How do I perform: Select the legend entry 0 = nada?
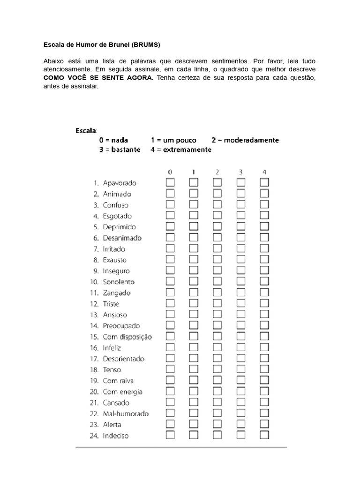(x=113, y=140)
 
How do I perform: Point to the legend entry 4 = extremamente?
(x=181, y=150)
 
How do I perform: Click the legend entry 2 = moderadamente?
(x=245, y=140)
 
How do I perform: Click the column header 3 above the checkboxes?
(x=240, y=172)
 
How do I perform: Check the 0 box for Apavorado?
(x=170, y=182)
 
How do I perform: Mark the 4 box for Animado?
(x=264, y=193)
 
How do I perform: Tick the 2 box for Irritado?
(x=217, y=248)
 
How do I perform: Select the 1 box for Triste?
(x=194, y=303)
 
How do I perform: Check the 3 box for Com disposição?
(x=240, y=337)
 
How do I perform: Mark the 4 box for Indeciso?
(x=264, y=435)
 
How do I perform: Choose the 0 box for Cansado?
(x=170, y=402)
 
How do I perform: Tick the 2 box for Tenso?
(x=217, y=369)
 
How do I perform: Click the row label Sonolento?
(x=119, y=282)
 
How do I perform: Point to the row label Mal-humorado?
(x=126, y=413)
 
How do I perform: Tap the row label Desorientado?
(x=124, y=359)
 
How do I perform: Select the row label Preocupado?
(x=121, y=325)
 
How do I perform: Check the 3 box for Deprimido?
(x=240, y=226)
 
